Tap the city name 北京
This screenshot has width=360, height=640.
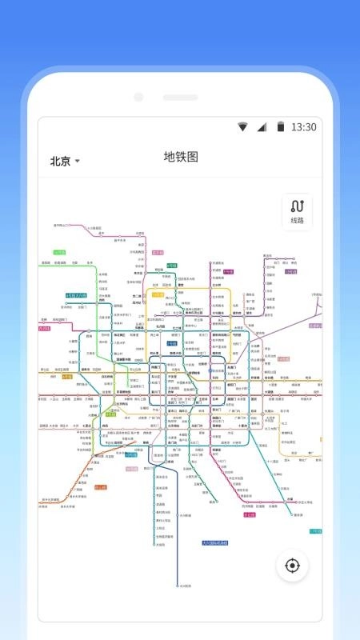point(60,161)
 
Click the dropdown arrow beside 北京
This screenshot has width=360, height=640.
point(78,162)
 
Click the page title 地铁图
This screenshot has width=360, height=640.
point(180,157)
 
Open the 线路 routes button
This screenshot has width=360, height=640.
point(297,212)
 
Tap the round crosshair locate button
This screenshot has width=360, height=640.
point(292,566)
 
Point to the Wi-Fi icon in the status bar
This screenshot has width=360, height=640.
point(242,127)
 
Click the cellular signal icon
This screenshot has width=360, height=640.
point(261,127)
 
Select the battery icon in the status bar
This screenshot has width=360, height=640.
point(280,126)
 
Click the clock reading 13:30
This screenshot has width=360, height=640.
point(303,127)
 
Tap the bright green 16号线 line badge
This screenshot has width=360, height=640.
point(58,252)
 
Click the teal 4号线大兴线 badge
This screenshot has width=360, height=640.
point(75,295)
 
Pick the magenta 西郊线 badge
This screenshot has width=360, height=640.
point(43,328)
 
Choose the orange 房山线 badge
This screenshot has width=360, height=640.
point(100,486)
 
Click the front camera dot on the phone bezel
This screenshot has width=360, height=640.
point(138,98)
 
